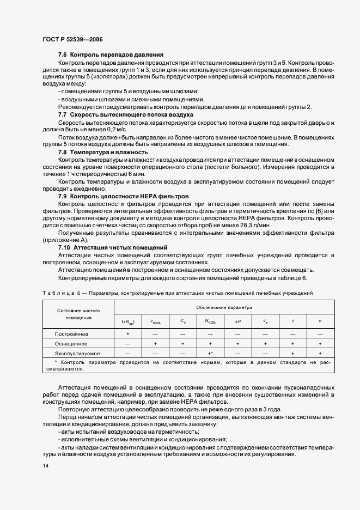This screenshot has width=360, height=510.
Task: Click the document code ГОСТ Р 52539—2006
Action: click(72, 40)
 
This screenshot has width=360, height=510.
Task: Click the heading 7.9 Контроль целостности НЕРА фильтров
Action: click(124, 195)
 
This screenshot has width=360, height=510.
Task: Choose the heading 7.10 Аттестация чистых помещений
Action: click(113, 247)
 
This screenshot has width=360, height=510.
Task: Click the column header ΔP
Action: click(237, 321)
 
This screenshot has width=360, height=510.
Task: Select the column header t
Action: click(292, 321)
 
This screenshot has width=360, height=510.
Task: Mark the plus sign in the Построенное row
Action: click(127, 333)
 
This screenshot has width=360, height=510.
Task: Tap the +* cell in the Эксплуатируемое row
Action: click(210, 354)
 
